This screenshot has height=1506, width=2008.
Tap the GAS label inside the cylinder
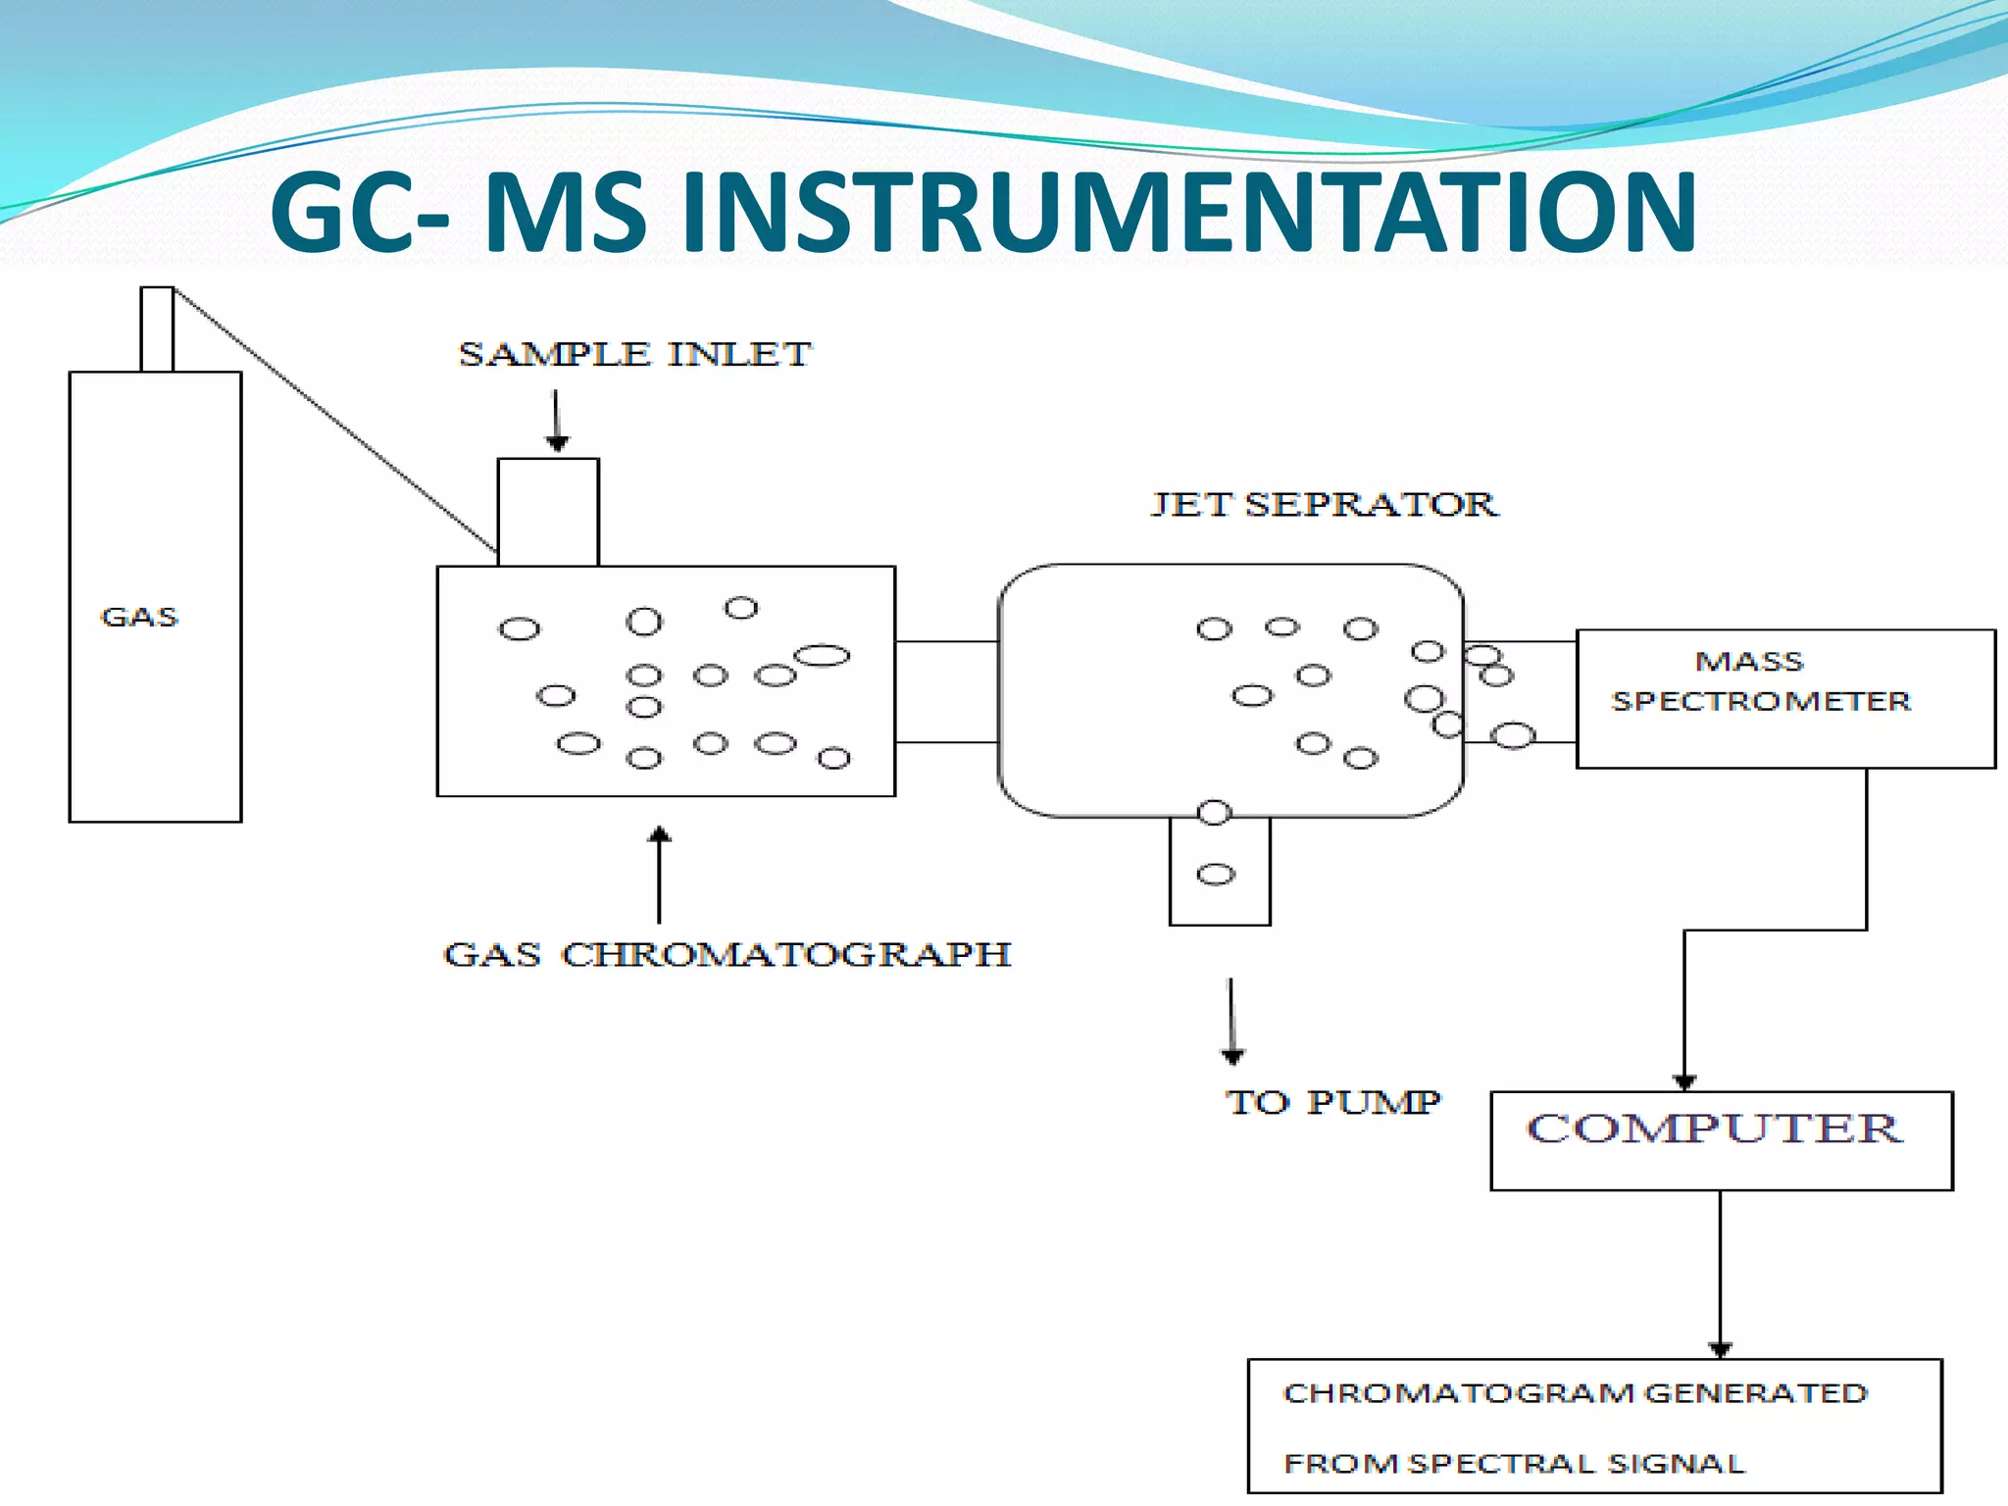pyautogui.click(x=139, y=617)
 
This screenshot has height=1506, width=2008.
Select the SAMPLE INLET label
pyautogui.click(x=634, y=354)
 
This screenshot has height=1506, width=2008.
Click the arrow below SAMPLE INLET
pyautogui.click(x=557, y=421)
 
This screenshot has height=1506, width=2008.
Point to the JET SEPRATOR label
pyautogui.click(x=1324, y=504)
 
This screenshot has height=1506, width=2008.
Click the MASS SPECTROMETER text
pyautogui.click(x=1760, y=681)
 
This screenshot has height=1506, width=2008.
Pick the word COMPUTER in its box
pyautogui.click(x=1714, y=1129)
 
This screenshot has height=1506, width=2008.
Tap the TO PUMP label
pyautogui.click(x=1332, y=1102)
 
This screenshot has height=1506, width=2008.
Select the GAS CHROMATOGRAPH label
pyautogui.click(x=727, y=954)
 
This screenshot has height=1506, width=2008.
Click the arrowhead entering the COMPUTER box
pyautogui.click(x=1684, y=1082)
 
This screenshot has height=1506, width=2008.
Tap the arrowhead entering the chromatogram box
pyautogui.click(x=1720, y=1350)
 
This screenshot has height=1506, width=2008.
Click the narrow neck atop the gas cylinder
pyautogui.click(x=157, y=329)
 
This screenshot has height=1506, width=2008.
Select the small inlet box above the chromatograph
pyautogui.click(x=548, y=512)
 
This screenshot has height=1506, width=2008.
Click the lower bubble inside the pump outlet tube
pyautogui.click(x=1216, y=875)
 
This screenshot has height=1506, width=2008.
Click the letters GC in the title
pyautogui.click(x=343, y=213)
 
